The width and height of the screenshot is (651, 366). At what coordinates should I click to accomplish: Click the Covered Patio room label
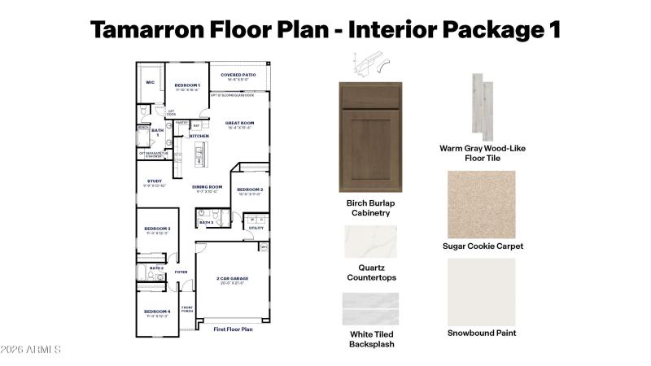coord(238,75)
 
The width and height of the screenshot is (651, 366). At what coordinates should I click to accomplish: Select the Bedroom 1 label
coord(187,85)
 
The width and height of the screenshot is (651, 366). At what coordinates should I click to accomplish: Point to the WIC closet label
coord(150,82)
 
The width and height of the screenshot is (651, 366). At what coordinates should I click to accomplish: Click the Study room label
coord(154,181)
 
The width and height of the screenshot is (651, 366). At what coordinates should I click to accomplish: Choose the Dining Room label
coord(208,186)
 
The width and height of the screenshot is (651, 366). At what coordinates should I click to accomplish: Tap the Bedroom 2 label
coord(249,190)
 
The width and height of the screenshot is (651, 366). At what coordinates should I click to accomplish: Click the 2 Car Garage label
coord(232,279)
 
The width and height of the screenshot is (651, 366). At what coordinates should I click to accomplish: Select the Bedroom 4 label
coord(157,312)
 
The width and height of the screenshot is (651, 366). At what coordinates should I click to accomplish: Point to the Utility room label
coord(256,228)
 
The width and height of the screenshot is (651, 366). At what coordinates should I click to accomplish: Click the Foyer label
coord(181,272)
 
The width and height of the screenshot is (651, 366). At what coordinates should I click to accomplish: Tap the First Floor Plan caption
coord(234,329)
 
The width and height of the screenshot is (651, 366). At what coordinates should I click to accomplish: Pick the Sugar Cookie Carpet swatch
coord(482,204)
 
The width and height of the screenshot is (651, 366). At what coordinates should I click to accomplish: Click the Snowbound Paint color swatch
coord(482,291)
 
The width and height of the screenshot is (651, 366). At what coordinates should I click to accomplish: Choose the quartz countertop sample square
coord(371,242)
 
